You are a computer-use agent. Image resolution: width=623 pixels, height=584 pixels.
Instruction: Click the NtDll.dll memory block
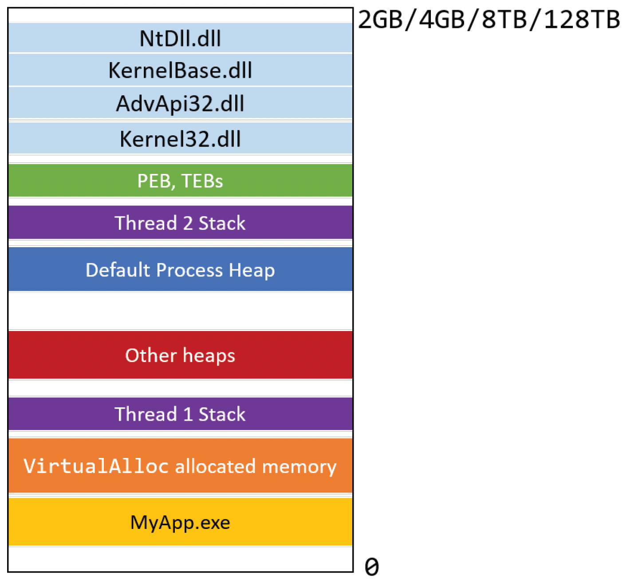(180, 38)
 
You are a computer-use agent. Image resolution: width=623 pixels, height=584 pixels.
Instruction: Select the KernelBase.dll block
(180, 70)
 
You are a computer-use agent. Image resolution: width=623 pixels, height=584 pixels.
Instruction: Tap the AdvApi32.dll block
(180, 103)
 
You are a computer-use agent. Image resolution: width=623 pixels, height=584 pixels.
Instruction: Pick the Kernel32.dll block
(180, 138)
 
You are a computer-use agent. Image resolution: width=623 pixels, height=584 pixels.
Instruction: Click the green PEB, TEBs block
(180, 181)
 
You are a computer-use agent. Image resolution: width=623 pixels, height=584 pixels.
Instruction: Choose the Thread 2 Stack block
(180, 222)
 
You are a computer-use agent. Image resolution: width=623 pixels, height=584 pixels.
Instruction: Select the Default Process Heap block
(180, 269)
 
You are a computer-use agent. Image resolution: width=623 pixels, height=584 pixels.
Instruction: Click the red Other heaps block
(180, 355)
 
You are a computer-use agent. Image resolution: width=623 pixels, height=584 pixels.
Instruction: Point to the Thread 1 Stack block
(180, 413)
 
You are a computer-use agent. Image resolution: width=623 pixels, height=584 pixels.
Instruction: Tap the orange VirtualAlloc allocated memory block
(180, 466)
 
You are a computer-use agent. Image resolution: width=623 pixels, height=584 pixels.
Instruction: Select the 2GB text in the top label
(380, 20)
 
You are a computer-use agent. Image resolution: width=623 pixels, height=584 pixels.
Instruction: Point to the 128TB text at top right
(582, 20)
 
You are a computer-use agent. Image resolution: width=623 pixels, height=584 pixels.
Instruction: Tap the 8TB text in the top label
(504, 20)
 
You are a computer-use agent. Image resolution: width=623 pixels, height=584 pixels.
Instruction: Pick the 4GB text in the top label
(442, 20)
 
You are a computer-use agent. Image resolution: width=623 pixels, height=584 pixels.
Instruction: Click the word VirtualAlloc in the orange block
(96, 466)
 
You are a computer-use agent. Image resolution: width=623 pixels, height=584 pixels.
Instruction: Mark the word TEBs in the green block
(202, 181)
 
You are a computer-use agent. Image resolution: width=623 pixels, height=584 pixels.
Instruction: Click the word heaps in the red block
(209, 356)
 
